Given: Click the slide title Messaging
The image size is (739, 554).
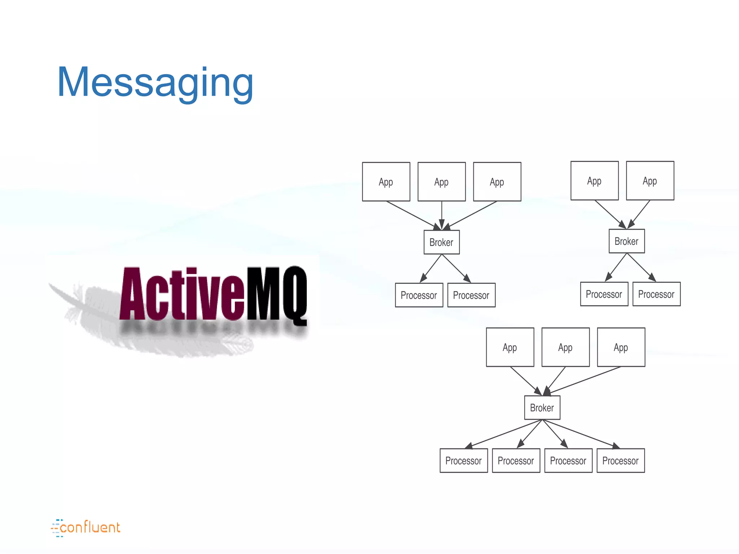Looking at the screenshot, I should pos(155,83).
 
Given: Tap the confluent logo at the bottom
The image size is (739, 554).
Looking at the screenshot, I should pos(86,528).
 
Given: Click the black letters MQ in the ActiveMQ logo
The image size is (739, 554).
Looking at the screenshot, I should pos(276,294).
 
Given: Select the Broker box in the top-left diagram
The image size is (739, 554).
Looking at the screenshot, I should pos(441,242).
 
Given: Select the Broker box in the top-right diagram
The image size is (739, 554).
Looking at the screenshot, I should pos(626,241).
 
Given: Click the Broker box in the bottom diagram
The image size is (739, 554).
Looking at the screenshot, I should pos(542,408).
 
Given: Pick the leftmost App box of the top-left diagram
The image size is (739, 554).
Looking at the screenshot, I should pos(386,182).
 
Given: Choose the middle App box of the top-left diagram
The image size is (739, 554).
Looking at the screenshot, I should pos(441,182).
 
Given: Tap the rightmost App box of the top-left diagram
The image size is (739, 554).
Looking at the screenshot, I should pos(497,182).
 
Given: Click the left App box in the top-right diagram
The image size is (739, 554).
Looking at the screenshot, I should pos(594,181).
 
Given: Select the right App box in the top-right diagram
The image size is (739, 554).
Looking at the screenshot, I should pos(650,181).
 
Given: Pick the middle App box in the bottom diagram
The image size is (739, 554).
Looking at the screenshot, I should pos(565,347).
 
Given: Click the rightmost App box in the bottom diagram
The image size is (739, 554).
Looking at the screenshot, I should pos(621,347).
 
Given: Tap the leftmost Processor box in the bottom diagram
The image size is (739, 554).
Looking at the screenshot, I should pos(464,461).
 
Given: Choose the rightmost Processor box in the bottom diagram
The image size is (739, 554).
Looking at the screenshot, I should pos(621,461).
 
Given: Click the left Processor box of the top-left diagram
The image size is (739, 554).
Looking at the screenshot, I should pos(419,295).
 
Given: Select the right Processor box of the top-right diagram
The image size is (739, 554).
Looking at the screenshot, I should pos(656,294).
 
